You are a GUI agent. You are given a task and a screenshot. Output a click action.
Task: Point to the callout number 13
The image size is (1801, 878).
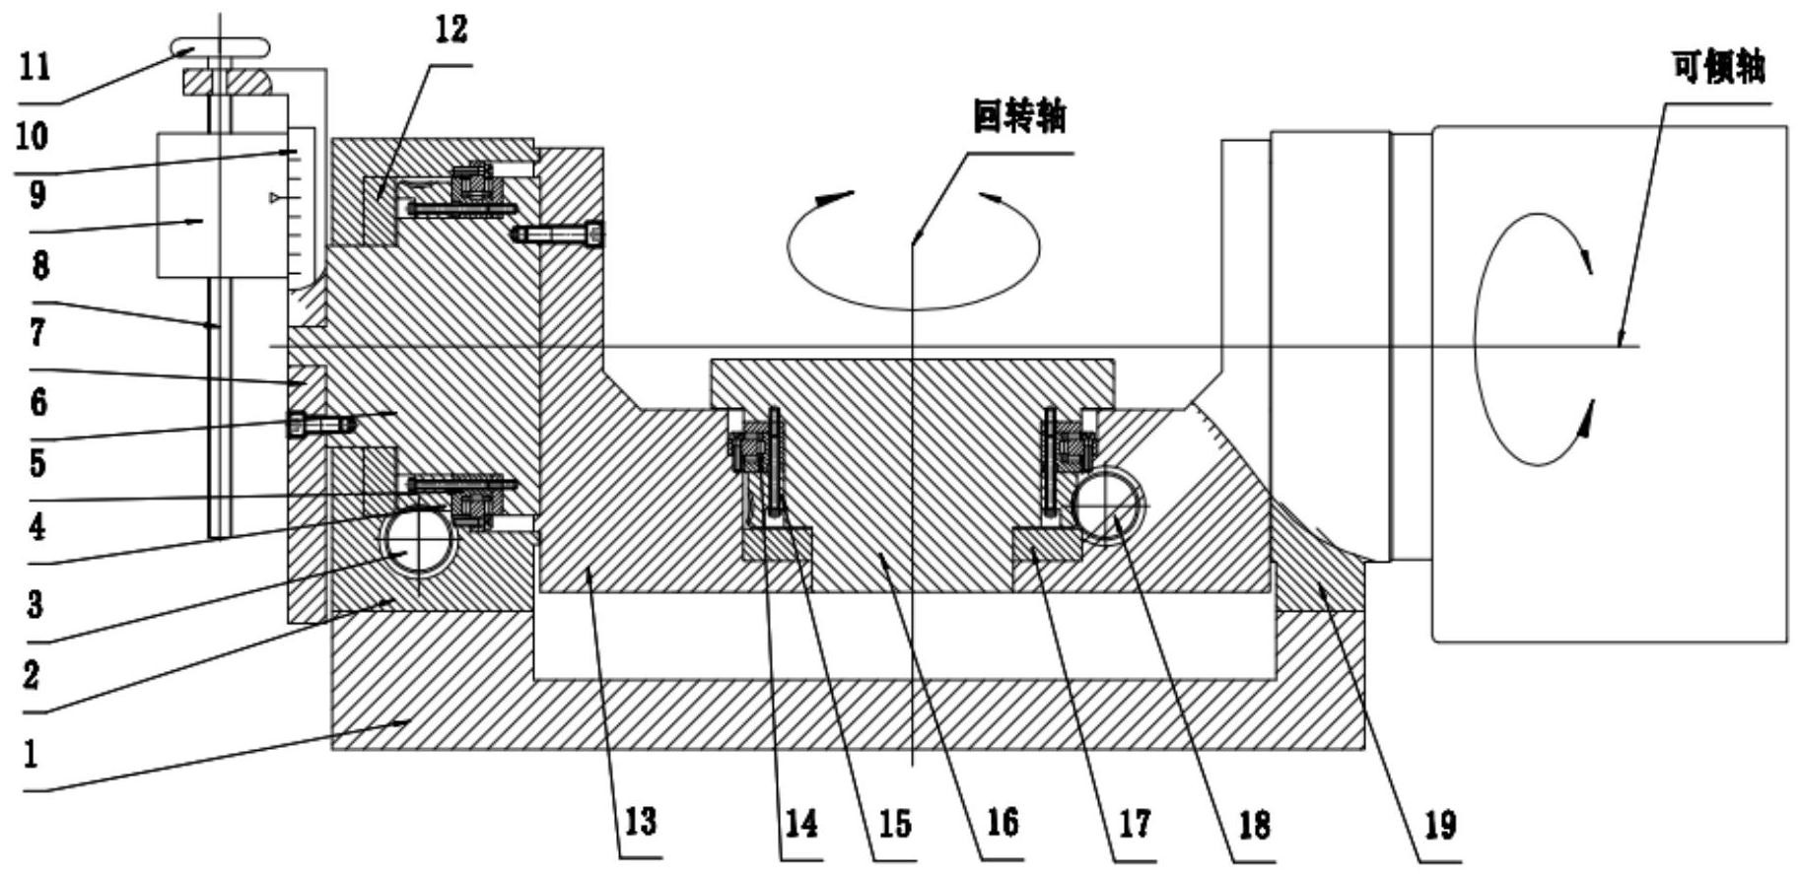coord(641,821)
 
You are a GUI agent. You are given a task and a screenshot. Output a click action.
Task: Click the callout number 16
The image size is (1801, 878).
coord(1003,822)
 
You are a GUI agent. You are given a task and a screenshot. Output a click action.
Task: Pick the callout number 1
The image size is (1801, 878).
coord(31,754)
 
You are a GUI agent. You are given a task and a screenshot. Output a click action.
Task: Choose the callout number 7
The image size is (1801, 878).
coord(37,332)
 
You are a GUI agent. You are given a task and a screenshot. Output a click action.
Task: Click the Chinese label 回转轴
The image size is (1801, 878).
coord(1019,118)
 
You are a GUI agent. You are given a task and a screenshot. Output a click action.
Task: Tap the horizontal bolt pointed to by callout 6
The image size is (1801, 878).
coord(321,424)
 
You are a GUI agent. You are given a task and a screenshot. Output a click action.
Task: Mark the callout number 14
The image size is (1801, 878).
coord(799,822)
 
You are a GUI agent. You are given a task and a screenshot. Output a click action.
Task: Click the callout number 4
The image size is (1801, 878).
coord(36,527)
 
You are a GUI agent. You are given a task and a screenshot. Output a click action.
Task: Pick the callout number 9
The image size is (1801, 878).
coord(36,194)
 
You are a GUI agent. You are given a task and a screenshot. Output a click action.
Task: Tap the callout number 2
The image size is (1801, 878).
coord(32,674)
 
